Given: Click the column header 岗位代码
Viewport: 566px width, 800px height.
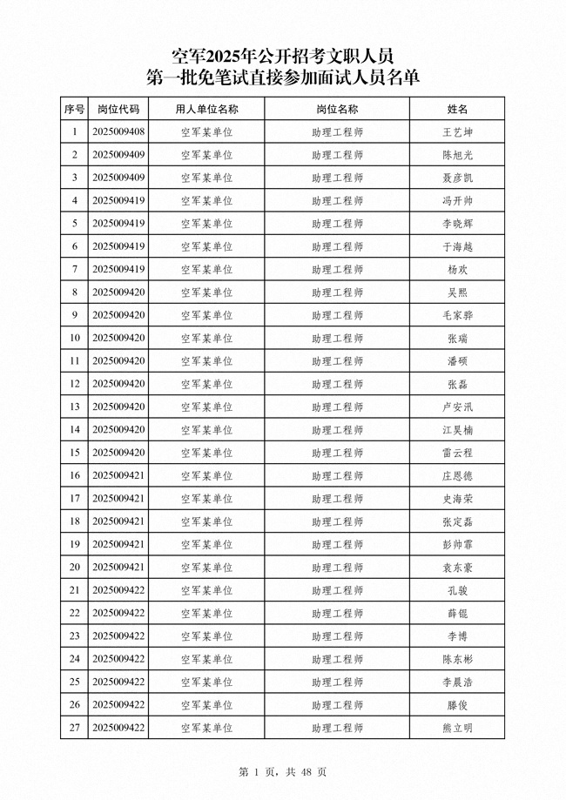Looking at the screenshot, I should pyautogui.click(x=118, y=109).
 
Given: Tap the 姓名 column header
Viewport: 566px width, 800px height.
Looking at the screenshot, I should pyautogui.click(x=457, y=109).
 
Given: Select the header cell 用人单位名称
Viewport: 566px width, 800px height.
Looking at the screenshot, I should pyautogui.click(x=206, y=109).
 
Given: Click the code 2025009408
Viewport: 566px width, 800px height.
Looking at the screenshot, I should pyautogui.click(x=118, y=132).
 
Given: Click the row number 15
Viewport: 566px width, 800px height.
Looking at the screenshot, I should pyautogui.click(x=75, y=453).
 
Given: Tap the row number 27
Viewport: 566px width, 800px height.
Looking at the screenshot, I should pyautogui.click(x=75, y=728).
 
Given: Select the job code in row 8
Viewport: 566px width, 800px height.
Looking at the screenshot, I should pyautogui.click(x=118, y=292).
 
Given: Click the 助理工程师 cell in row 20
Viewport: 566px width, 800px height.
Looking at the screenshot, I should pyautogui.click(x=337, y=568).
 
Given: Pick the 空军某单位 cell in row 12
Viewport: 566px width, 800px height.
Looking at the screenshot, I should pyautogui.click(x=206, y=384).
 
